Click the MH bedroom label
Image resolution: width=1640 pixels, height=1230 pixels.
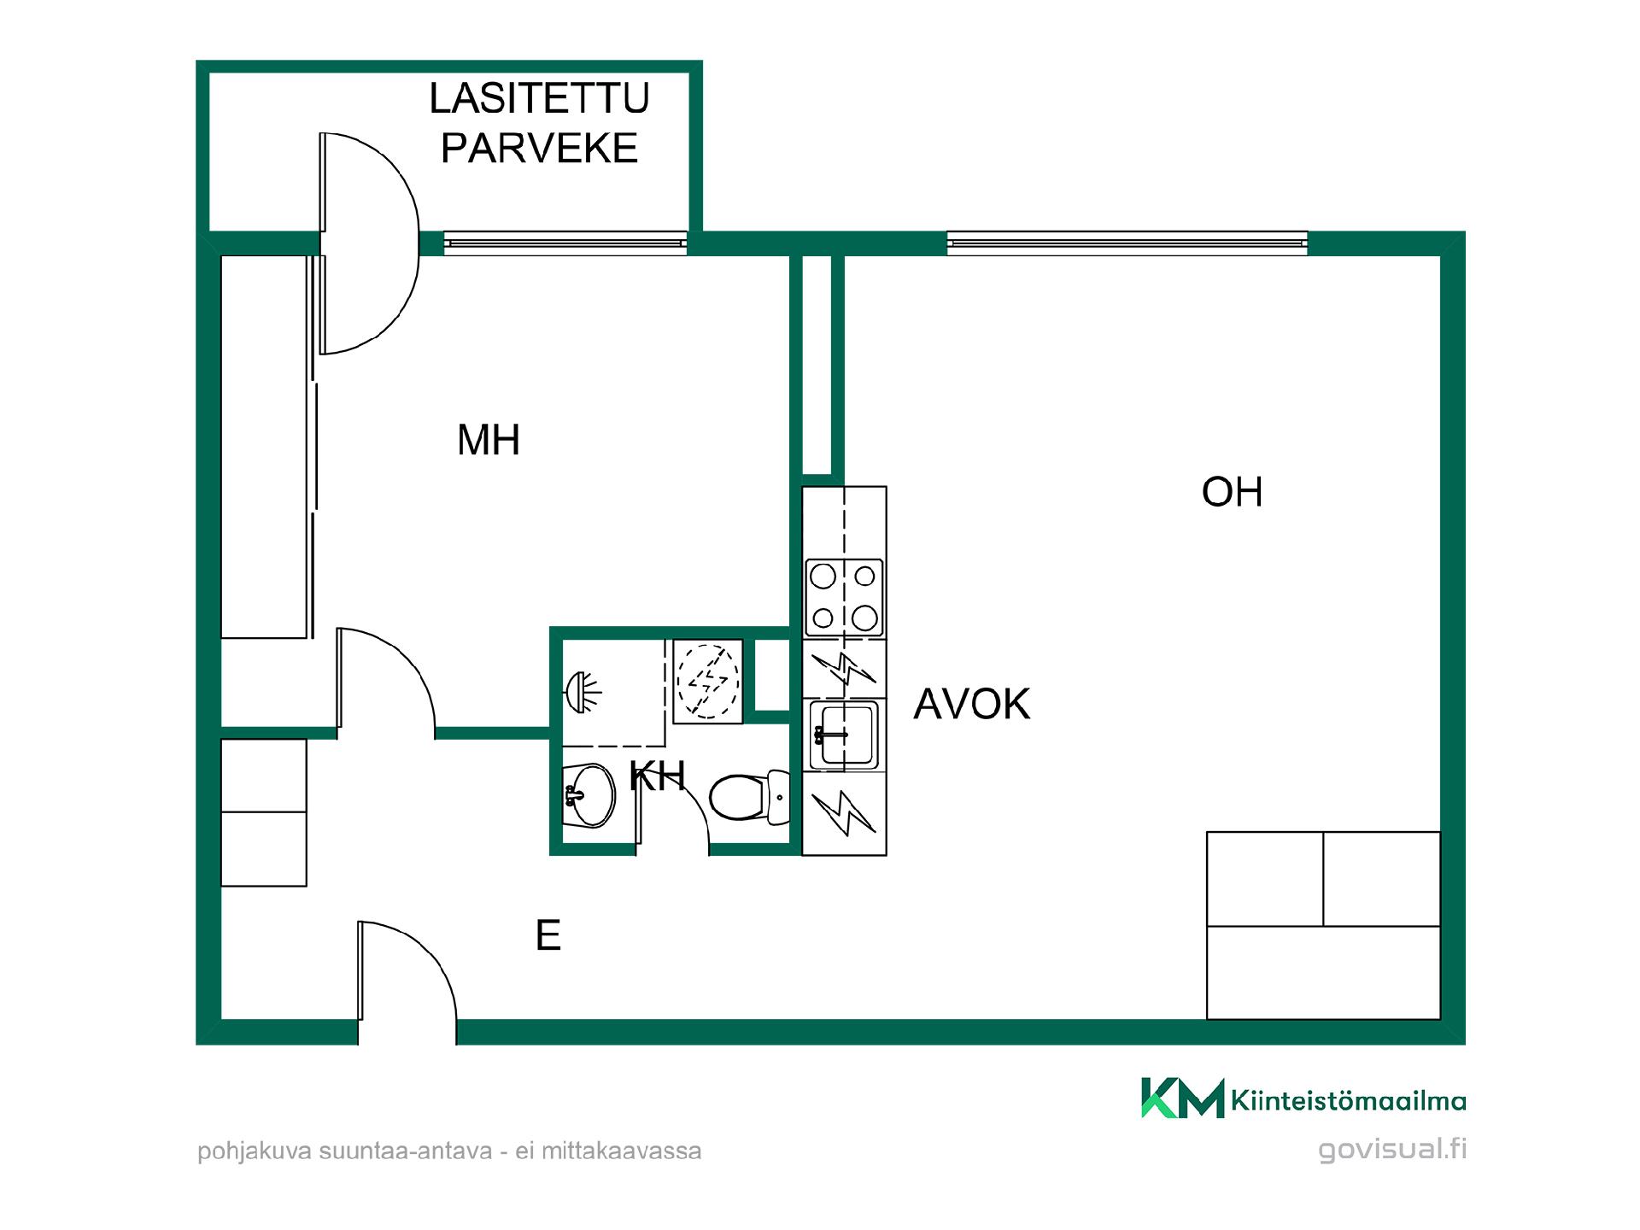pos(489,441)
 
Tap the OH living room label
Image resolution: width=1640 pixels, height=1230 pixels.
pos(1232,492)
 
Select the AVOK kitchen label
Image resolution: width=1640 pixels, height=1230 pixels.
pos(972,704)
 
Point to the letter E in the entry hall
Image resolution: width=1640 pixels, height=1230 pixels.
pos(548,935)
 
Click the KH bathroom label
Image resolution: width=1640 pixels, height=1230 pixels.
pos(657,776)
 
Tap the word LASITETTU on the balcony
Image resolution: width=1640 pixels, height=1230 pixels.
pos(539,98)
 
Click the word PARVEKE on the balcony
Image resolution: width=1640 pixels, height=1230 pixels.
pos(539,148)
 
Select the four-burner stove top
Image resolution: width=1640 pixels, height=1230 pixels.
pos(844,598)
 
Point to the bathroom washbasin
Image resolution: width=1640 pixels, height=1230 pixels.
pos(589,795)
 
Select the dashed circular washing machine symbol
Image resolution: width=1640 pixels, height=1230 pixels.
pos(707,680)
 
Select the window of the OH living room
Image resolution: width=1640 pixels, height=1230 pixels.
pos(1127,243)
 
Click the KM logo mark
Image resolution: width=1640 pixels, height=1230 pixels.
pos(1183,1098)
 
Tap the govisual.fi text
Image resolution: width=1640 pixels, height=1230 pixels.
pos(1392,1150)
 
